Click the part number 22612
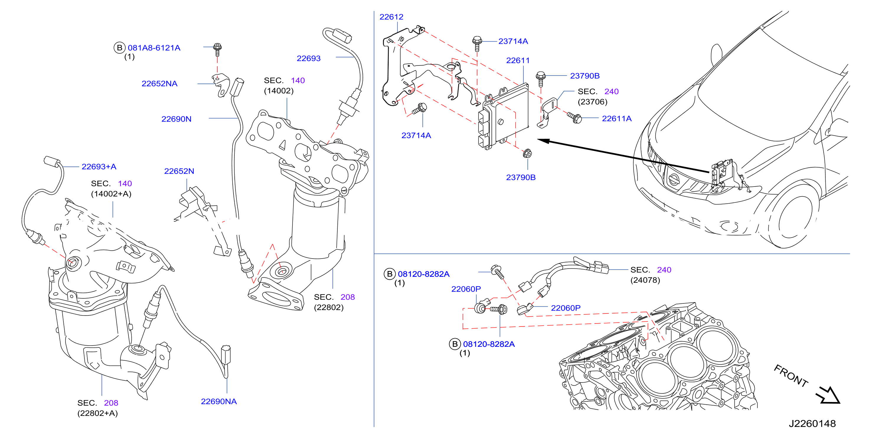pyautogui.click(x=391, y=17)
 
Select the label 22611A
pyautogui.click(x=616, y=118)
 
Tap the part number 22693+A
pyautogui.click(x=99, y=166)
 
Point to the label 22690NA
pyautogui.click(x=219, y=401)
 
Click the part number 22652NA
pyautogui.click(x=159, y=84)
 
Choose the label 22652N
pyautogui.click(x=179, y=171)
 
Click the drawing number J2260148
pyautogui.click(x=812, y=424)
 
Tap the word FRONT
pyautogui.click(x=791, y=376)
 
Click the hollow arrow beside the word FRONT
pyautogui.click(x=829, y=395)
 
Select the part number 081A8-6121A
pyautogui.click(x=154, y=48)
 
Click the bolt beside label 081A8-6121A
pyautogui.click(x=218, y=49)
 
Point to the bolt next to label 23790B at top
pyautogui.click(x=540, y=79)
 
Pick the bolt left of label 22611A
pyautogui.click(x=574, y=118)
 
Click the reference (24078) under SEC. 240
pyautogui.click(x=645, y=280)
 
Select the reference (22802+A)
pyautogui.click(x=97, y=413)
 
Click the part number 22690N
pyautogui.click(x=176, y=119)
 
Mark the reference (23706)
pyautogui.click(x=592, y=102)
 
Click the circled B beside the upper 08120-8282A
pyautogui.click(x=390, y=274)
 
